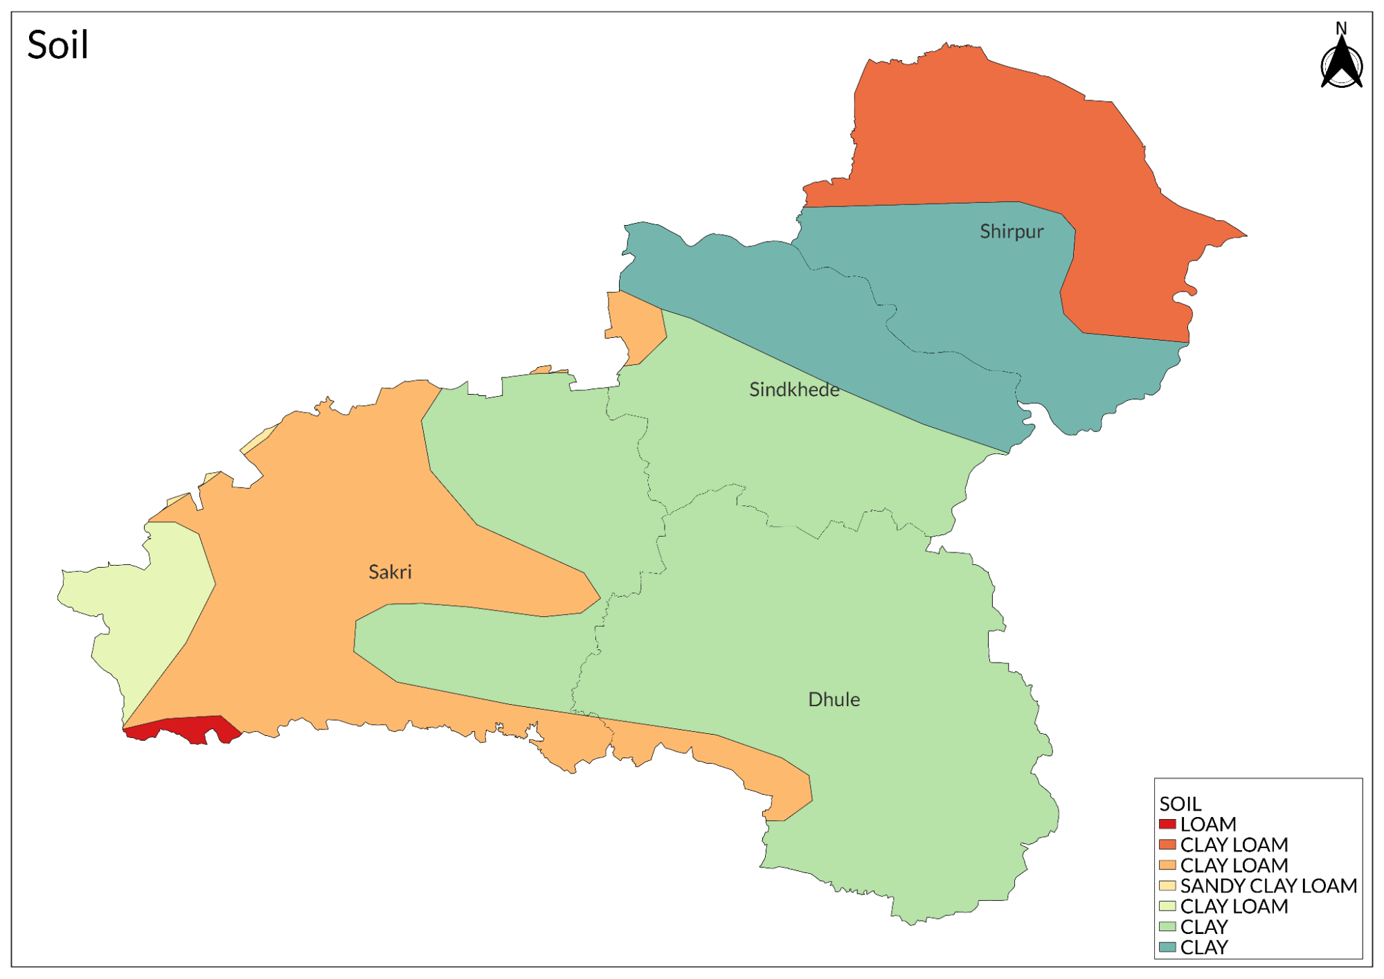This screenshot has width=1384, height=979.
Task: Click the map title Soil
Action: pyautogui.click(x=57, y=46)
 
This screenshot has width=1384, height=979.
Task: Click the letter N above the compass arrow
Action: pyautogui.click(x=1341, y=28)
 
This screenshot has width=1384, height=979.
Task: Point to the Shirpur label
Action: pyautogui.click(x=1011, y=232)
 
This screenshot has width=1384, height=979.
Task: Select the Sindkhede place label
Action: pyautogui.click(x=794, y=390)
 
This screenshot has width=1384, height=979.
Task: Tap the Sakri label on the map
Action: pyautogui.click(x=390, y=572)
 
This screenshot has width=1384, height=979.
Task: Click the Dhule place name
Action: pyautogui.click(x=834, y=699)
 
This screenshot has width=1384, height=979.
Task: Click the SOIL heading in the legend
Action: pyautogui.click(x=1180, y=804)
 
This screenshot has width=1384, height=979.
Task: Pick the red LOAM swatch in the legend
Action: pyautogui.click(x=1167, y=824)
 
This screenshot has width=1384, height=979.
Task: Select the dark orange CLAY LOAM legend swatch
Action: pyautogui.click(x=1167, y=845)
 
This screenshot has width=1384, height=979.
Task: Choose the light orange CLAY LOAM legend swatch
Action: pyautogui.click(x=1167, y=865)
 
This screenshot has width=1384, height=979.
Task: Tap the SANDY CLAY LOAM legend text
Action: pyautogui.click(x=1268, y=886)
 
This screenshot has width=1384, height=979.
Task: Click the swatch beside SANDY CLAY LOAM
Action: pyautogui.click(x=1167, y=886)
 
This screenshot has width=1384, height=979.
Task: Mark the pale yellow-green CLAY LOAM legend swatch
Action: pyautogui.click(x=1167, y=906)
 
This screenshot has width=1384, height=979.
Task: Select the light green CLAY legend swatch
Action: pyautogui.click(x=1167, y=926)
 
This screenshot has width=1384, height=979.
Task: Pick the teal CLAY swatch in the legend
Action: pyautogui.click(x=1167, y=946)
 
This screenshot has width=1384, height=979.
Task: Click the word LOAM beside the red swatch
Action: pyautogui.click(x=1208, y=824)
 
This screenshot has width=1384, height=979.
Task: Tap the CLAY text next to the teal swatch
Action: pyautogui.click(x=1204, y=947)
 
